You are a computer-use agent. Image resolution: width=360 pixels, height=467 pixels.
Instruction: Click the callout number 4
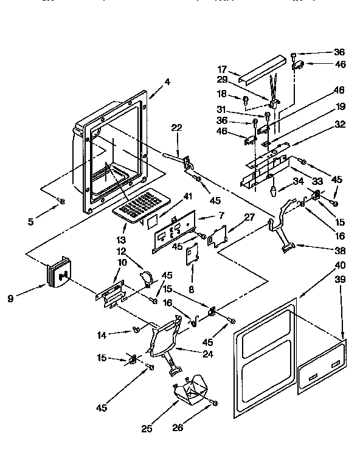[x=167, y=81]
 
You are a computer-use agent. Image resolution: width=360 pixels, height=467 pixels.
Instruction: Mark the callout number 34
[x=298, y=181]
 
